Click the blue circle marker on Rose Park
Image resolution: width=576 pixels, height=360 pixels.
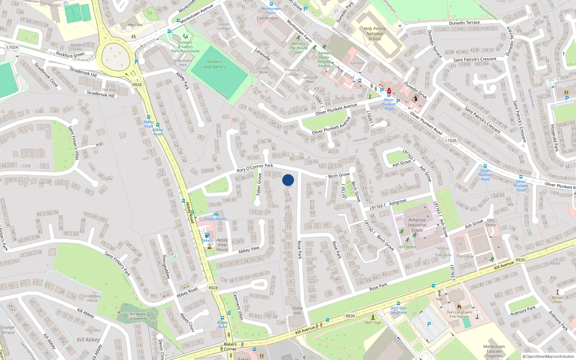[288, 180]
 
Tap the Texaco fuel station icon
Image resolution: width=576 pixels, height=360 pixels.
[207, 235]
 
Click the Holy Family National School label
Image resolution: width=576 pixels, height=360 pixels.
[375, 33]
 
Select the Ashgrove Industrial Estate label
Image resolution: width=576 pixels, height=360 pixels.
[417, 225]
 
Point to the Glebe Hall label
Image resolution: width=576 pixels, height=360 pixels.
[297, 311]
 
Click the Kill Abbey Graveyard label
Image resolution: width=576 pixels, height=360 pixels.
[138, 316]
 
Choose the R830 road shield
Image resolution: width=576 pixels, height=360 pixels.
[350, 316]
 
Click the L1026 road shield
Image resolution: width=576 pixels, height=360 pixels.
[451, 141]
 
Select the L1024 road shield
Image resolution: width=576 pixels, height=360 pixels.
[12, 47]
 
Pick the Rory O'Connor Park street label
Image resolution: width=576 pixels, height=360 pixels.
[255, 168]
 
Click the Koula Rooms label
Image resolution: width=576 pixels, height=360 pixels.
[216, 219]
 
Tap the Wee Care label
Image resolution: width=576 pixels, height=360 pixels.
[135, 25]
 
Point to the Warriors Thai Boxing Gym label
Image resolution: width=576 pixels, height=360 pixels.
[298, 48]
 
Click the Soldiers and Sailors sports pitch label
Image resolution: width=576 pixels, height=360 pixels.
[215, 64]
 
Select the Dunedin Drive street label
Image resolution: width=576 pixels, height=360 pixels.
[415, 90]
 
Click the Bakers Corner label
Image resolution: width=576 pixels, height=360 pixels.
[230, 346]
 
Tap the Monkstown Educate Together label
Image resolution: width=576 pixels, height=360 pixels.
[494, 351]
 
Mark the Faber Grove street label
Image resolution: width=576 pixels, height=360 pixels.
[258, 184]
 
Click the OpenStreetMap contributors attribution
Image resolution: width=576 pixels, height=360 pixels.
[548, 357]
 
